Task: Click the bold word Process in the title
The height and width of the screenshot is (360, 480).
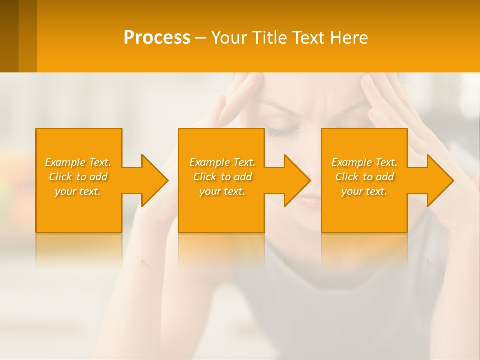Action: point(157,38)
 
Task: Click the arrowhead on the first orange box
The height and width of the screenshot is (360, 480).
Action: point(152,180)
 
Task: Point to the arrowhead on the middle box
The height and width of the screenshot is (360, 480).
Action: point(295,180)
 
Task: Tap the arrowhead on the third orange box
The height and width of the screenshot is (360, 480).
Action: point(438,180)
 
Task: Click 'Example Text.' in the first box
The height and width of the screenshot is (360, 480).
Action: point(78,162)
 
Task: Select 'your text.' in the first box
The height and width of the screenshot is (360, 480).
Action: point(78,191)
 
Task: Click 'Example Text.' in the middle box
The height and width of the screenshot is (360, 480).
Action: point(222,162)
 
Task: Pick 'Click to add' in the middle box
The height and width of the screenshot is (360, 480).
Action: point(222,177)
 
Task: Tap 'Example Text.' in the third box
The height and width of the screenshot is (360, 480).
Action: point(364,162)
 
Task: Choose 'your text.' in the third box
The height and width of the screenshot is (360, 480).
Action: point(364,191)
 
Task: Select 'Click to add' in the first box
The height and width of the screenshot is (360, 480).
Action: point(78,177)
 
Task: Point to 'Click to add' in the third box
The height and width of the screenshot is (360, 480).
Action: point(364,177)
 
